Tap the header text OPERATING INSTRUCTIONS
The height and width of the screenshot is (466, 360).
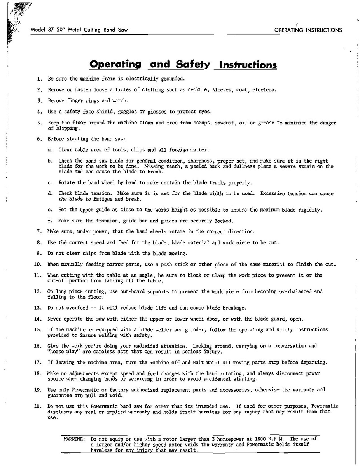click(x=308, y=30)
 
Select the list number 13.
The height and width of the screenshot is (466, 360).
click(x=38, y=308)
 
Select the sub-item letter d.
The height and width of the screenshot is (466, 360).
click(x=50, y=193)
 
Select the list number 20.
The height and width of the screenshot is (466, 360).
click(x=38, y=406)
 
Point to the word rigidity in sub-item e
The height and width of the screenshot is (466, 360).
click(x=309, y=210)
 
